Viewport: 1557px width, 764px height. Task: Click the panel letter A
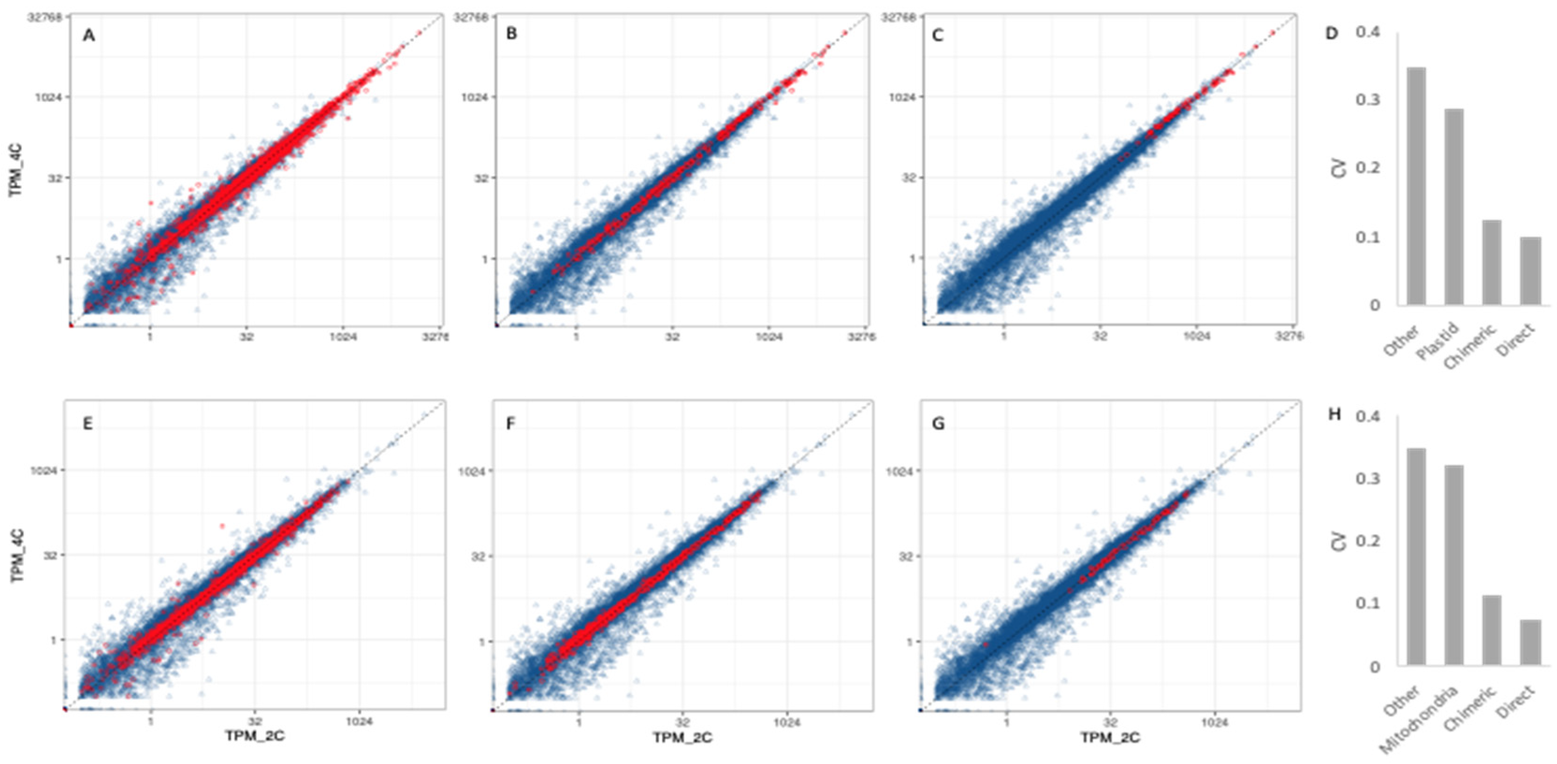[89, 36]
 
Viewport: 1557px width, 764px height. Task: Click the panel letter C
[937, 36]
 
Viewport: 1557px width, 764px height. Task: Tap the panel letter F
[511, 424]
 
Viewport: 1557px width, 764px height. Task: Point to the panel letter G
[938, 424]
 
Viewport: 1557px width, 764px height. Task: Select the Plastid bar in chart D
[1454, 207]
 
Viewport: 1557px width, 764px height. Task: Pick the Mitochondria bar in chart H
[1454, 565]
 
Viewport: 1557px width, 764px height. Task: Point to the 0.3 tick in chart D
[1368, 99]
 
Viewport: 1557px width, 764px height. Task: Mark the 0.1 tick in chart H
[1368, 603]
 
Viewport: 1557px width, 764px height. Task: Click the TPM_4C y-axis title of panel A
[16, 170]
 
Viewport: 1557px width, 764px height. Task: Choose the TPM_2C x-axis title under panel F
[682, 737]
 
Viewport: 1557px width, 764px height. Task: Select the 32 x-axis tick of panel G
[1110, 722]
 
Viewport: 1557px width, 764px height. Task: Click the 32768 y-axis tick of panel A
[45, 17]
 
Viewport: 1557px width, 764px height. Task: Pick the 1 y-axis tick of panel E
[54, 640]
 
